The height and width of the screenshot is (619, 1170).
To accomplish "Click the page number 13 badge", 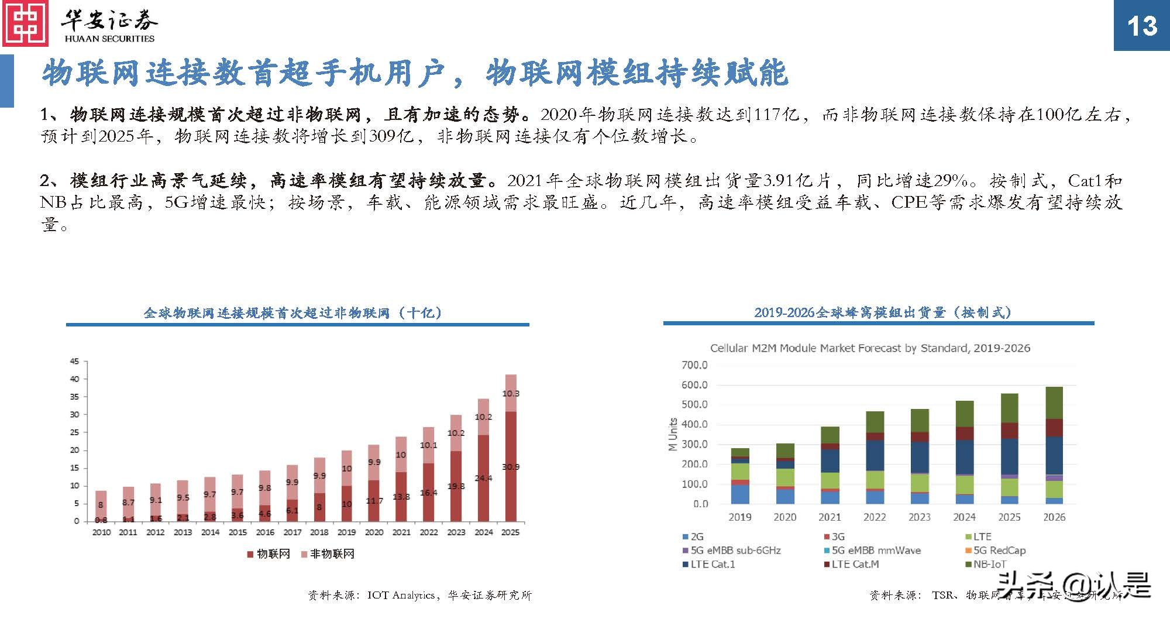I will [x=1141, y=26].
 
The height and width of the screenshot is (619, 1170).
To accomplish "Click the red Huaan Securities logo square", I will [x=26, y=25].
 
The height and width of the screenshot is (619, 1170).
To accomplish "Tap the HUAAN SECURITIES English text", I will [x=109, y=39].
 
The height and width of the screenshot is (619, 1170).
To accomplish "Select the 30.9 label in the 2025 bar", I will [x=510, y=467].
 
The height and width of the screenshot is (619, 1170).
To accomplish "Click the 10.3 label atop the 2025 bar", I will [x=510, y=394].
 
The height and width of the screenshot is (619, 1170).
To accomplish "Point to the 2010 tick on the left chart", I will [x=101, y=532].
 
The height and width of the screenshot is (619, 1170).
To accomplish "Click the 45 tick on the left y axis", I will [x=74, y=362].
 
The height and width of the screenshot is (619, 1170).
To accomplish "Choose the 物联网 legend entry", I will [x=269, y=554].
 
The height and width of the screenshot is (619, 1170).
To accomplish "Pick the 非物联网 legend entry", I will [x=328, y=554].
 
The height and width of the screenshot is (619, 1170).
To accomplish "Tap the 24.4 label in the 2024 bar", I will [x=483, y=478].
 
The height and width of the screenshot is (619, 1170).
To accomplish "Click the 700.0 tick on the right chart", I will [x=694, y=365].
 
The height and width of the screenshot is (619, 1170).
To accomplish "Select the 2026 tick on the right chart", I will [x=1054, y=517].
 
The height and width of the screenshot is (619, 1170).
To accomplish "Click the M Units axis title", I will [x=673, y=434].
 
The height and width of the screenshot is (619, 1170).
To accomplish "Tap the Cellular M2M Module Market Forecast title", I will [x=870, y=348].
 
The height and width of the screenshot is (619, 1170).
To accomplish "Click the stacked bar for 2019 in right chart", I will [x=740, y=476].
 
